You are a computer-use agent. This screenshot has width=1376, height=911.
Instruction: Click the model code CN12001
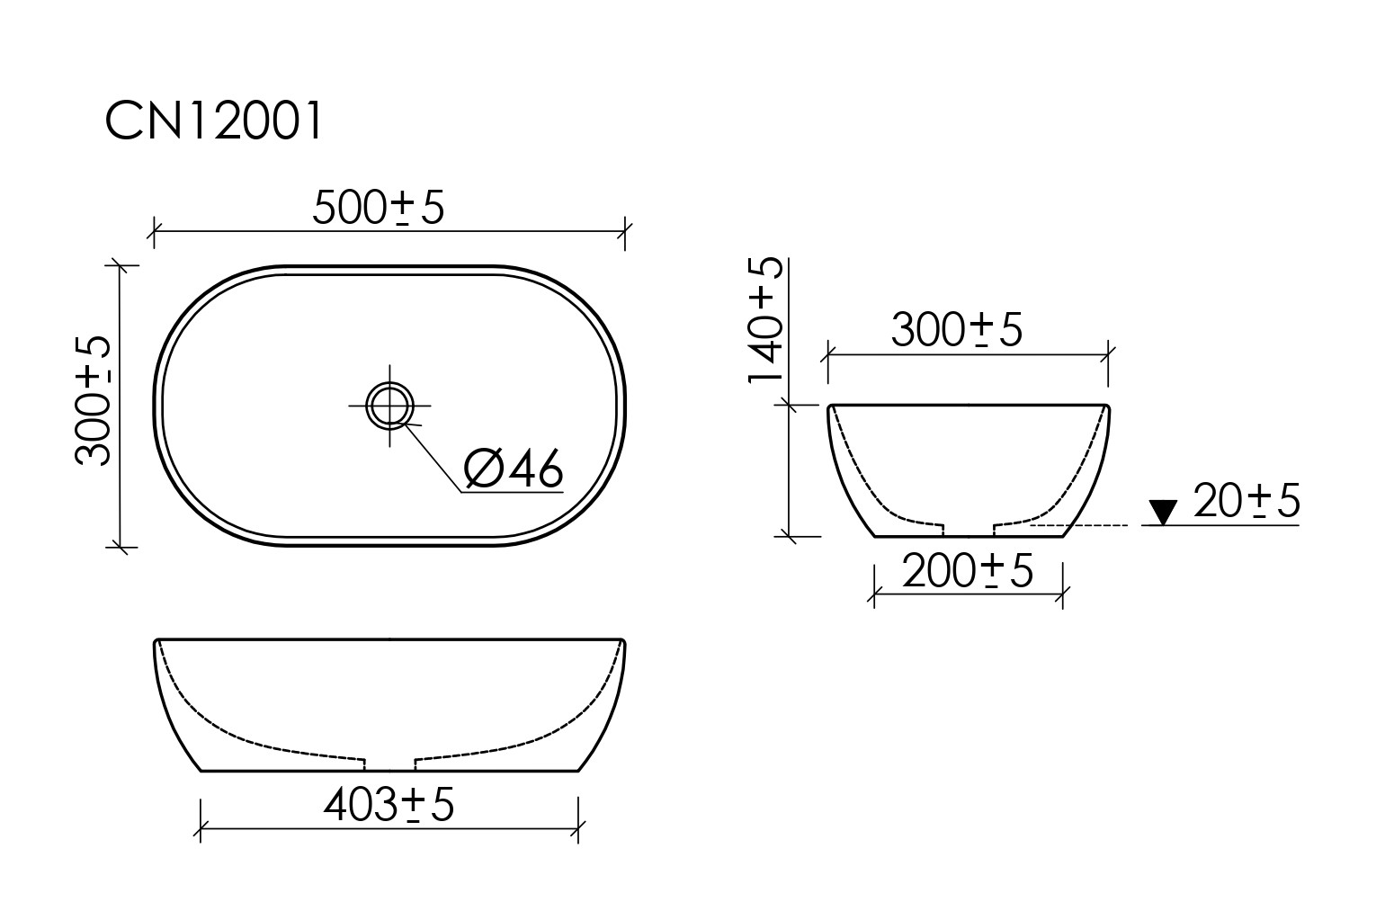coord(213,121)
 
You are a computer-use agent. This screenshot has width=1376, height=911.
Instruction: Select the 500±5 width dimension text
coord(378,209)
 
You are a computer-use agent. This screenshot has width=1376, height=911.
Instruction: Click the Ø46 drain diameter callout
coord(513,469)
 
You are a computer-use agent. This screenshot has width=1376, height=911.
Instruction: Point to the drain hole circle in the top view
coord(389,404)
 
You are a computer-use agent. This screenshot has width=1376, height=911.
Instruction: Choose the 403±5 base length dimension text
coord(389,805)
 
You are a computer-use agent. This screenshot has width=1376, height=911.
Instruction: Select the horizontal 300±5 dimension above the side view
coord(956,330)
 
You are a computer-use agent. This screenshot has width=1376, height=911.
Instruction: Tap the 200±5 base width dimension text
coord(967,571)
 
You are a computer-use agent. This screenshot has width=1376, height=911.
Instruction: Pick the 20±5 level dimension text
coord(1246,502)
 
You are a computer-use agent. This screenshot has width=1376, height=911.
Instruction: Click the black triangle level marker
coord(1164,513)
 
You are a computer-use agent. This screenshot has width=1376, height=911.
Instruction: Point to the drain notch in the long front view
coord(389,764)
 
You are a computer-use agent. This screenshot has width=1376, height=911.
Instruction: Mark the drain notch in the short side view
coord(968,528)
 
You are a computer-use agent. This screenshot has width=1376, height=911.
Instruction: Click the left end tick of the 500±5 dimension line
coord(155,232)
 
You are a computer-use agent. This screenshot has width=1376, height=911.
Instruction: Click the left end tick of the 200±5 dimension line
coord(874,594)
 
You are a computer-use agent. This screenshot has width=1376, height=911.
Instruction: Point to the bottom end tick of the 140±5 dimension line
coord(789,536)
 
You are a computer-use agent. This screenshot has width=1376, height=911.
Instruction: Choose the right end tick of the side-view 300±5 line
coord(1108,355)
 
